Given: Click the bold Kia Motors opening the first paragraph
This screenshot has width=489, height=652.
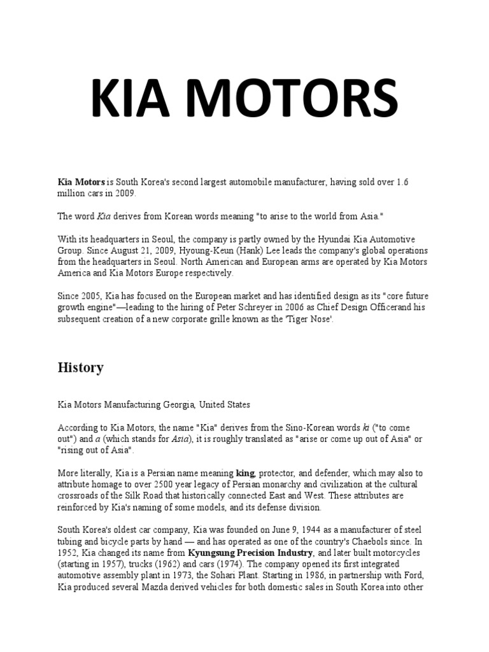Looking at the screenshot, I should [x=81, y=182].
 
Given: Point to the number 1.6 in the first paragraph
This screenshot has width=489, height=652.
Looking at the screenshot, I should [x=402, y=182].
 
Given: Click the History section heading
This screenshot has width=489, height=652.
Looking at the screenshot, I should [x=80, y=367].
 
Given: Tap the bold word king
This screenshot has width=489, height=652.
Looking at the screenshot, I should [x=245, y=473].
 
